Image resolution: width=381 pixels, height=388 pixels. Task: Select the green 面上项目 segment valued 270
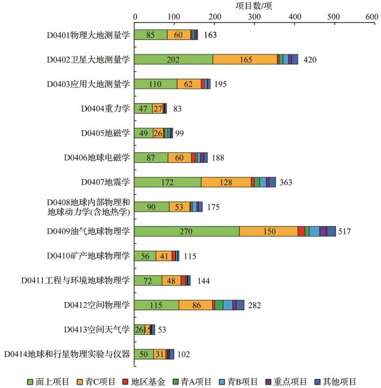tap(187, 231)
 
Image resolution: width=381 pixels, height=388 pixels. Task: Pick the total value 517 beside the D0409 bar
tap(344, 231)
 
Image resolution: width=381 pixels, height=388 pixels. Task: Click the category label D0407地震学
tap(105, 182)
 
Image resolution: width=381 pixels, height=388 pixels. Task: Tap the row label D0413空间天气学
tap(96, 329)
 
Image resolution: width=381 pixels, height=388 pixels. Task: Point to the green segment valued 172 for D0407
tap(168, 182)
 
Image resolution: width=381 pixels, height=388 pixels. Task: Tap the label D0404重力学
tap(105, 108)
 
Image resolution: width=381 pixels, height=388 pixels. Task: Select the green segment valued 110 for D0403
tap(156, 84)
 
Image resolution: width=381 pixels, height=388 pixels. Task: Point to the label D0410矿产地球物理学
tap(95, 256)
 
